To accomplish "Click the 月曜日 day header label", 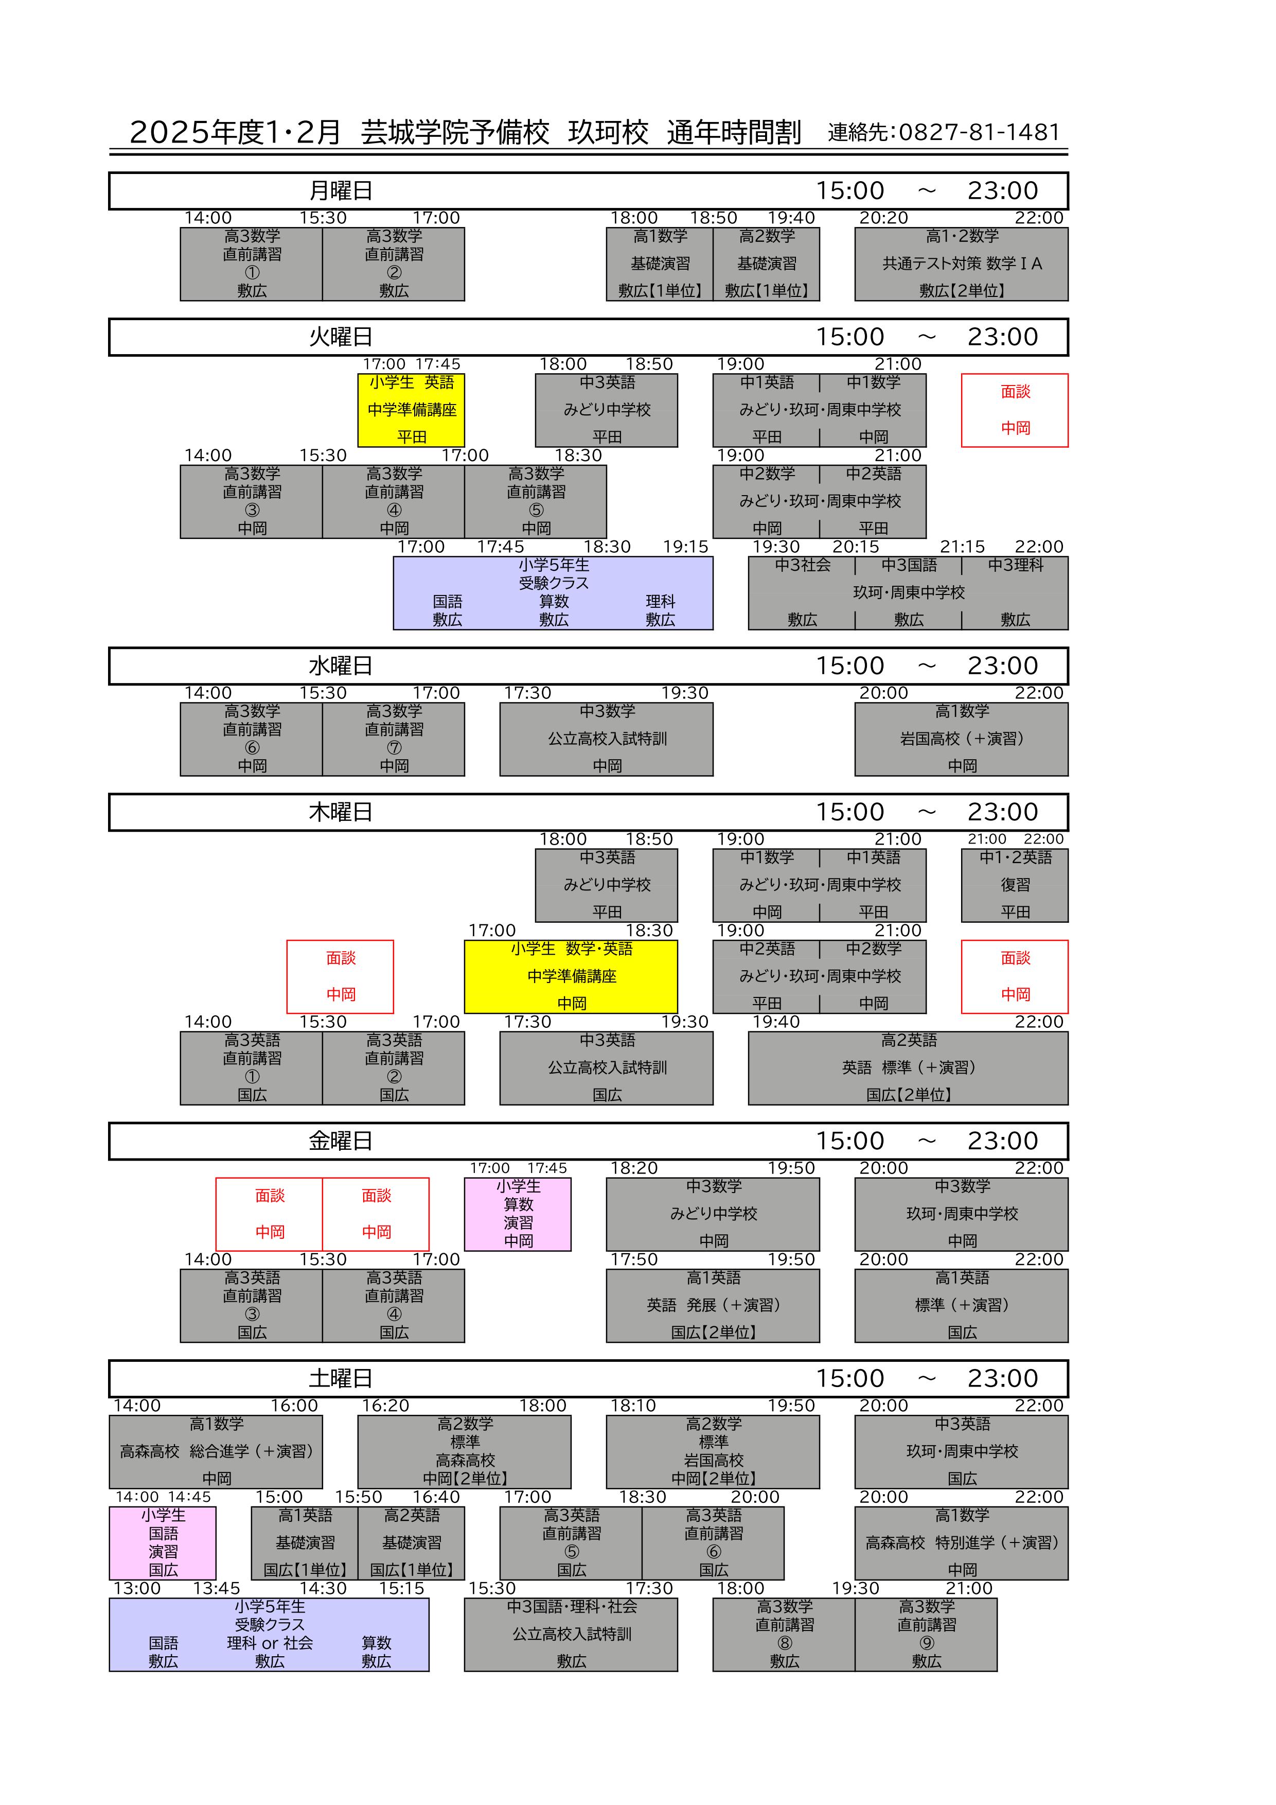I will point(340,191).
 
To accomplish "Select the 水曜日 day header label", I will point(340,666).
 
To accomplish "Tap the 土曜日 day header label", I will point(340,1378).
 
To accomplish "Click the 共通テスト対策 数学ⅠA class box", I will point(961,264).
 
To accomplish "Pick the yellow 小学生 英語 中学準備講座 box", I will point(411,410).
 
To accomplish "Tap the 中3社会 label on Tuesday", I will point(802,565).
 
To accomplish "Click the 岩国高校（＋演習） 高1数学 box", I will point(961,739).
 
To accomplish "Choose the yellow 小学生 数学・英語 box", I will point(571,976).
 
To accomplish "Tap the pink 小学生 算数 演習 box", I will point(518,1214).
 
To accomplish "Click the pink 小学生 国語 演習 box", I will point(163,1543).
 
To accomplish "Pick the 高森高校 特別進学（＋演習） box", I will point(961,1543).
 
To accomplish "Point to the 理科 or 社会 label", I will point(270,1643).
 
